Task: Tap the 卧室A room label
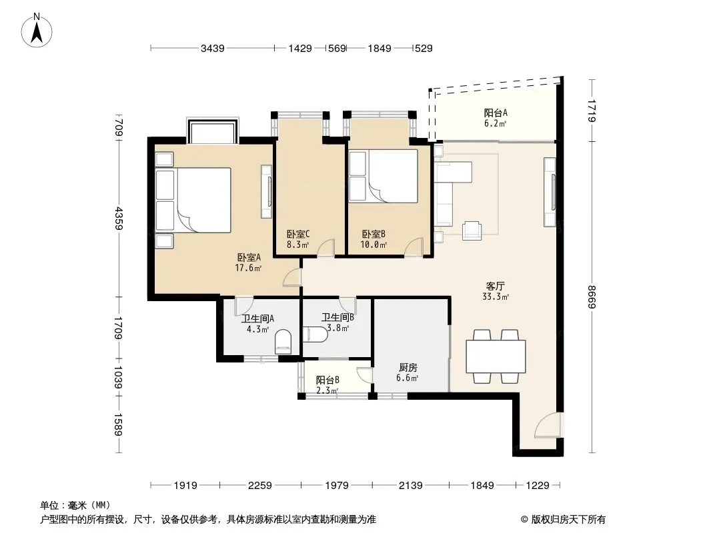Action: (x=249, y=258)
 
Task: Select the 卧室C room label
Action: (x=298, y=234)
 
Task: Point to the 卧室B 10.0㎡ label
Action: (x=374, y=240)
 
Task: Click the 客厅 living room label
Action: (x=495, y=286)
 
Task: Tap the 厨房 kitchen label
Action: (x=408, y=367)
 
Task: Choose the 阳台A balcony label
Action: (x=495, y=113)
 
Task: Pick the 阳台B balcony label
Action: (x=327, y=380)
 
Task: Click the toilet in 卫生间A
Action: (x=283, y=342)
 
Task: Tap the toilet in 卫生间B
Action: (x=315, y=334)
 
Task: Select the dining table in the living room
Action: (x=496, y=356)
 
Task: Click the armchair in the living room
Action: (x=472, y=231)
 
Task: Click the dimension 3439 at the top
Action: (x=213, y=48)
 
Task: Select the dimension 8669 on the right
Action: (x=591, y=296)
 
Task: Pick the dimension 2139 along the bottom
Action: (x=410, y=486)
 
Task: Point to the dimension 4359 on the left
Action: (x=119, y=219)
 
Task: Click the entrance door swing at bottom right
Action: (x=547, y=426)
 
